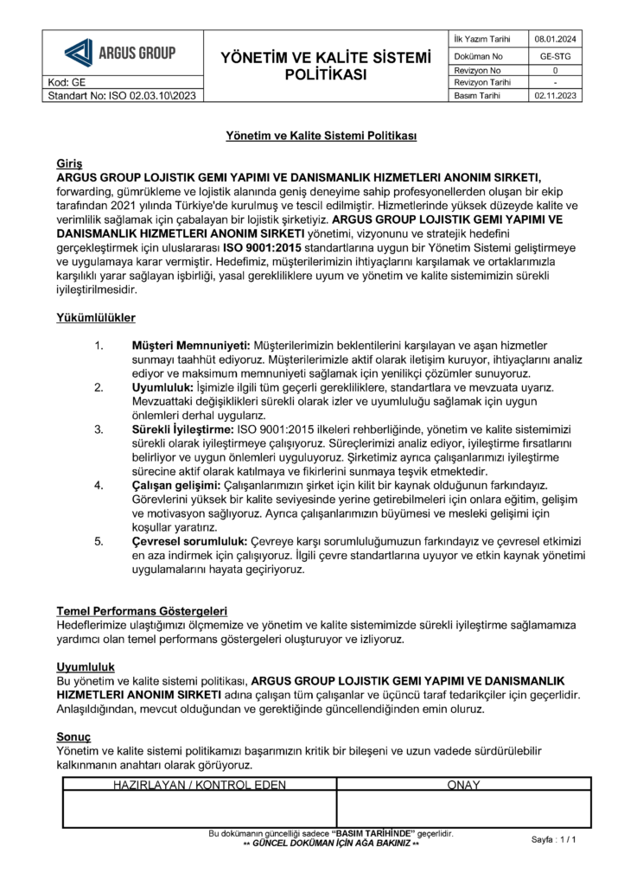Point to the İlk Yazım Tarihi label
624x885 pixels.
point(481,39)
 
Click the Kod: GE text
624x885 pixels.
point(67,82)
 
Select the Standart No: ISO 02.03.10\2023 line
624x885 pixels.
point(123,95)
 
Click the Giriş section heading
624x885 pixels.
point(68,163)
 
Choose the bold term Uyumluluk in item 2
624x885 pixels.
point(162,388)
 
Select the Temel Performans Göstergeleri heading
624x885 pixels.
point(142,611)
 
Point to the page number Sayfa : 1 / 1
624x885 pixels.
point(553,839)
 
